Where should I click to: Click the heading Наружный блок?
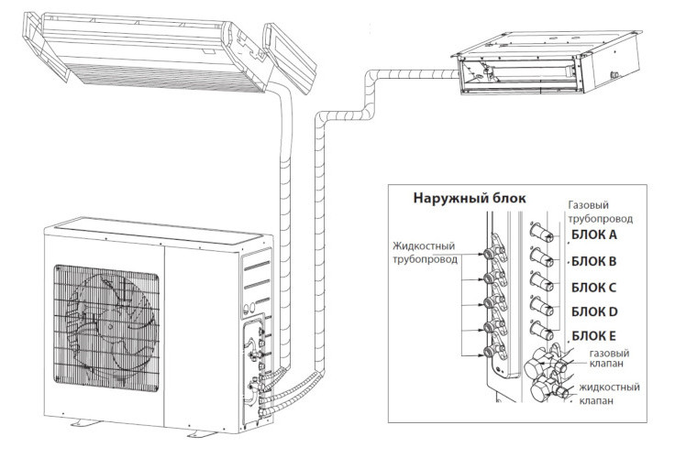click(x=470, y=198)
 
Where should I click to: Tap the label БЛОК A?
click(x=594, y=234)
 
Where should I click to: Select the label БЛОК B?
click(x=593, y=261)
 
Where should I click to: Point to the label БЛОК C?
click(x=593, y=288)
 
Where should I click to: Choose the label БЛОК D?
click(x=594, y=311)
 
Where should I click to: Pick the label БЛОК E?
click(x=593, y=336)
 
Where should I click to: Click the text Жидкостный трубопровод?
click(x=425, y=253)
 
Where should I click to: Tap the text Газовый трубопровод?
click(x=600, y=212)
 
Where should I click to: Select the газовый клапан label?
click(x=609, y=358)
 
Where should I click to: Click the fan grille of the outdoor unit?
click(x=106, y=328)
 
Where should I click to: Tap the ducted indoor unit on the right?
click(x=547, y=63)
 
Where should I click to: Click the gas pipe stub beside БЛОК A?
click(x=542, y=231)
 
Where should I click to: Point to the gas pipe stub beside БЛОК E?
click(x=542, y=331)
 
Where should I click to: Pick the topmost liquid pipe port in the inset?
click(x=490, y=254)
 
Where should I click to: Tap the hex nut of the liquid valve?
click(x=539, y=391)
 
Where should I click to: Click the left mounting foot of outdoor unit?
click(x=85, y=422)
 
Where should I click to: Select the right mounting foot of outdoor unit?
click(x=203, y=433)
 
